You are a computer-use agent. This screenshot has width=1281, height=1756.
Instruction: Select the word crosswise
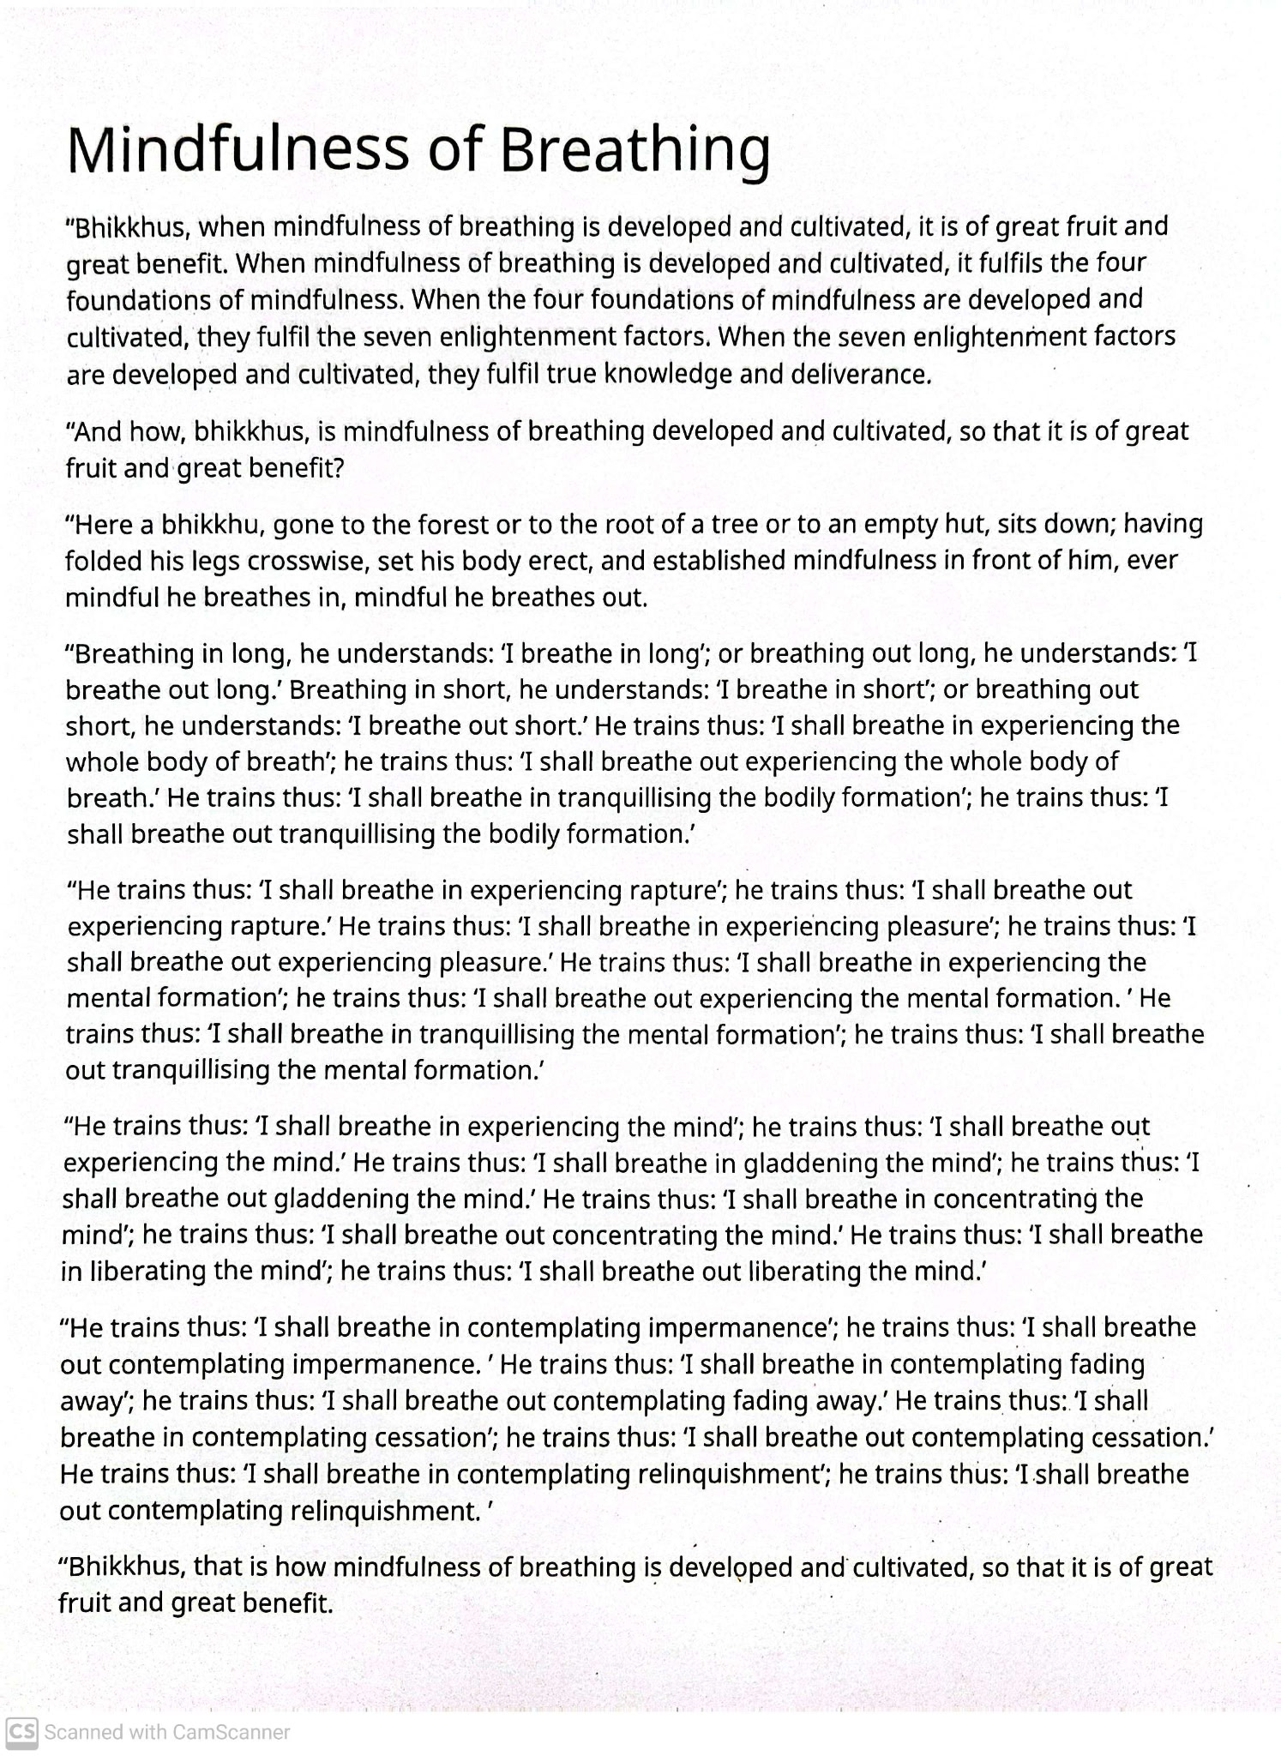[x=303, y=561]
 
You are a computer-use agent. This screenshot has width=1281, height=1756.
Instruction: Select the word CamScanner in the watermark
[x=232, y=1732]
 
